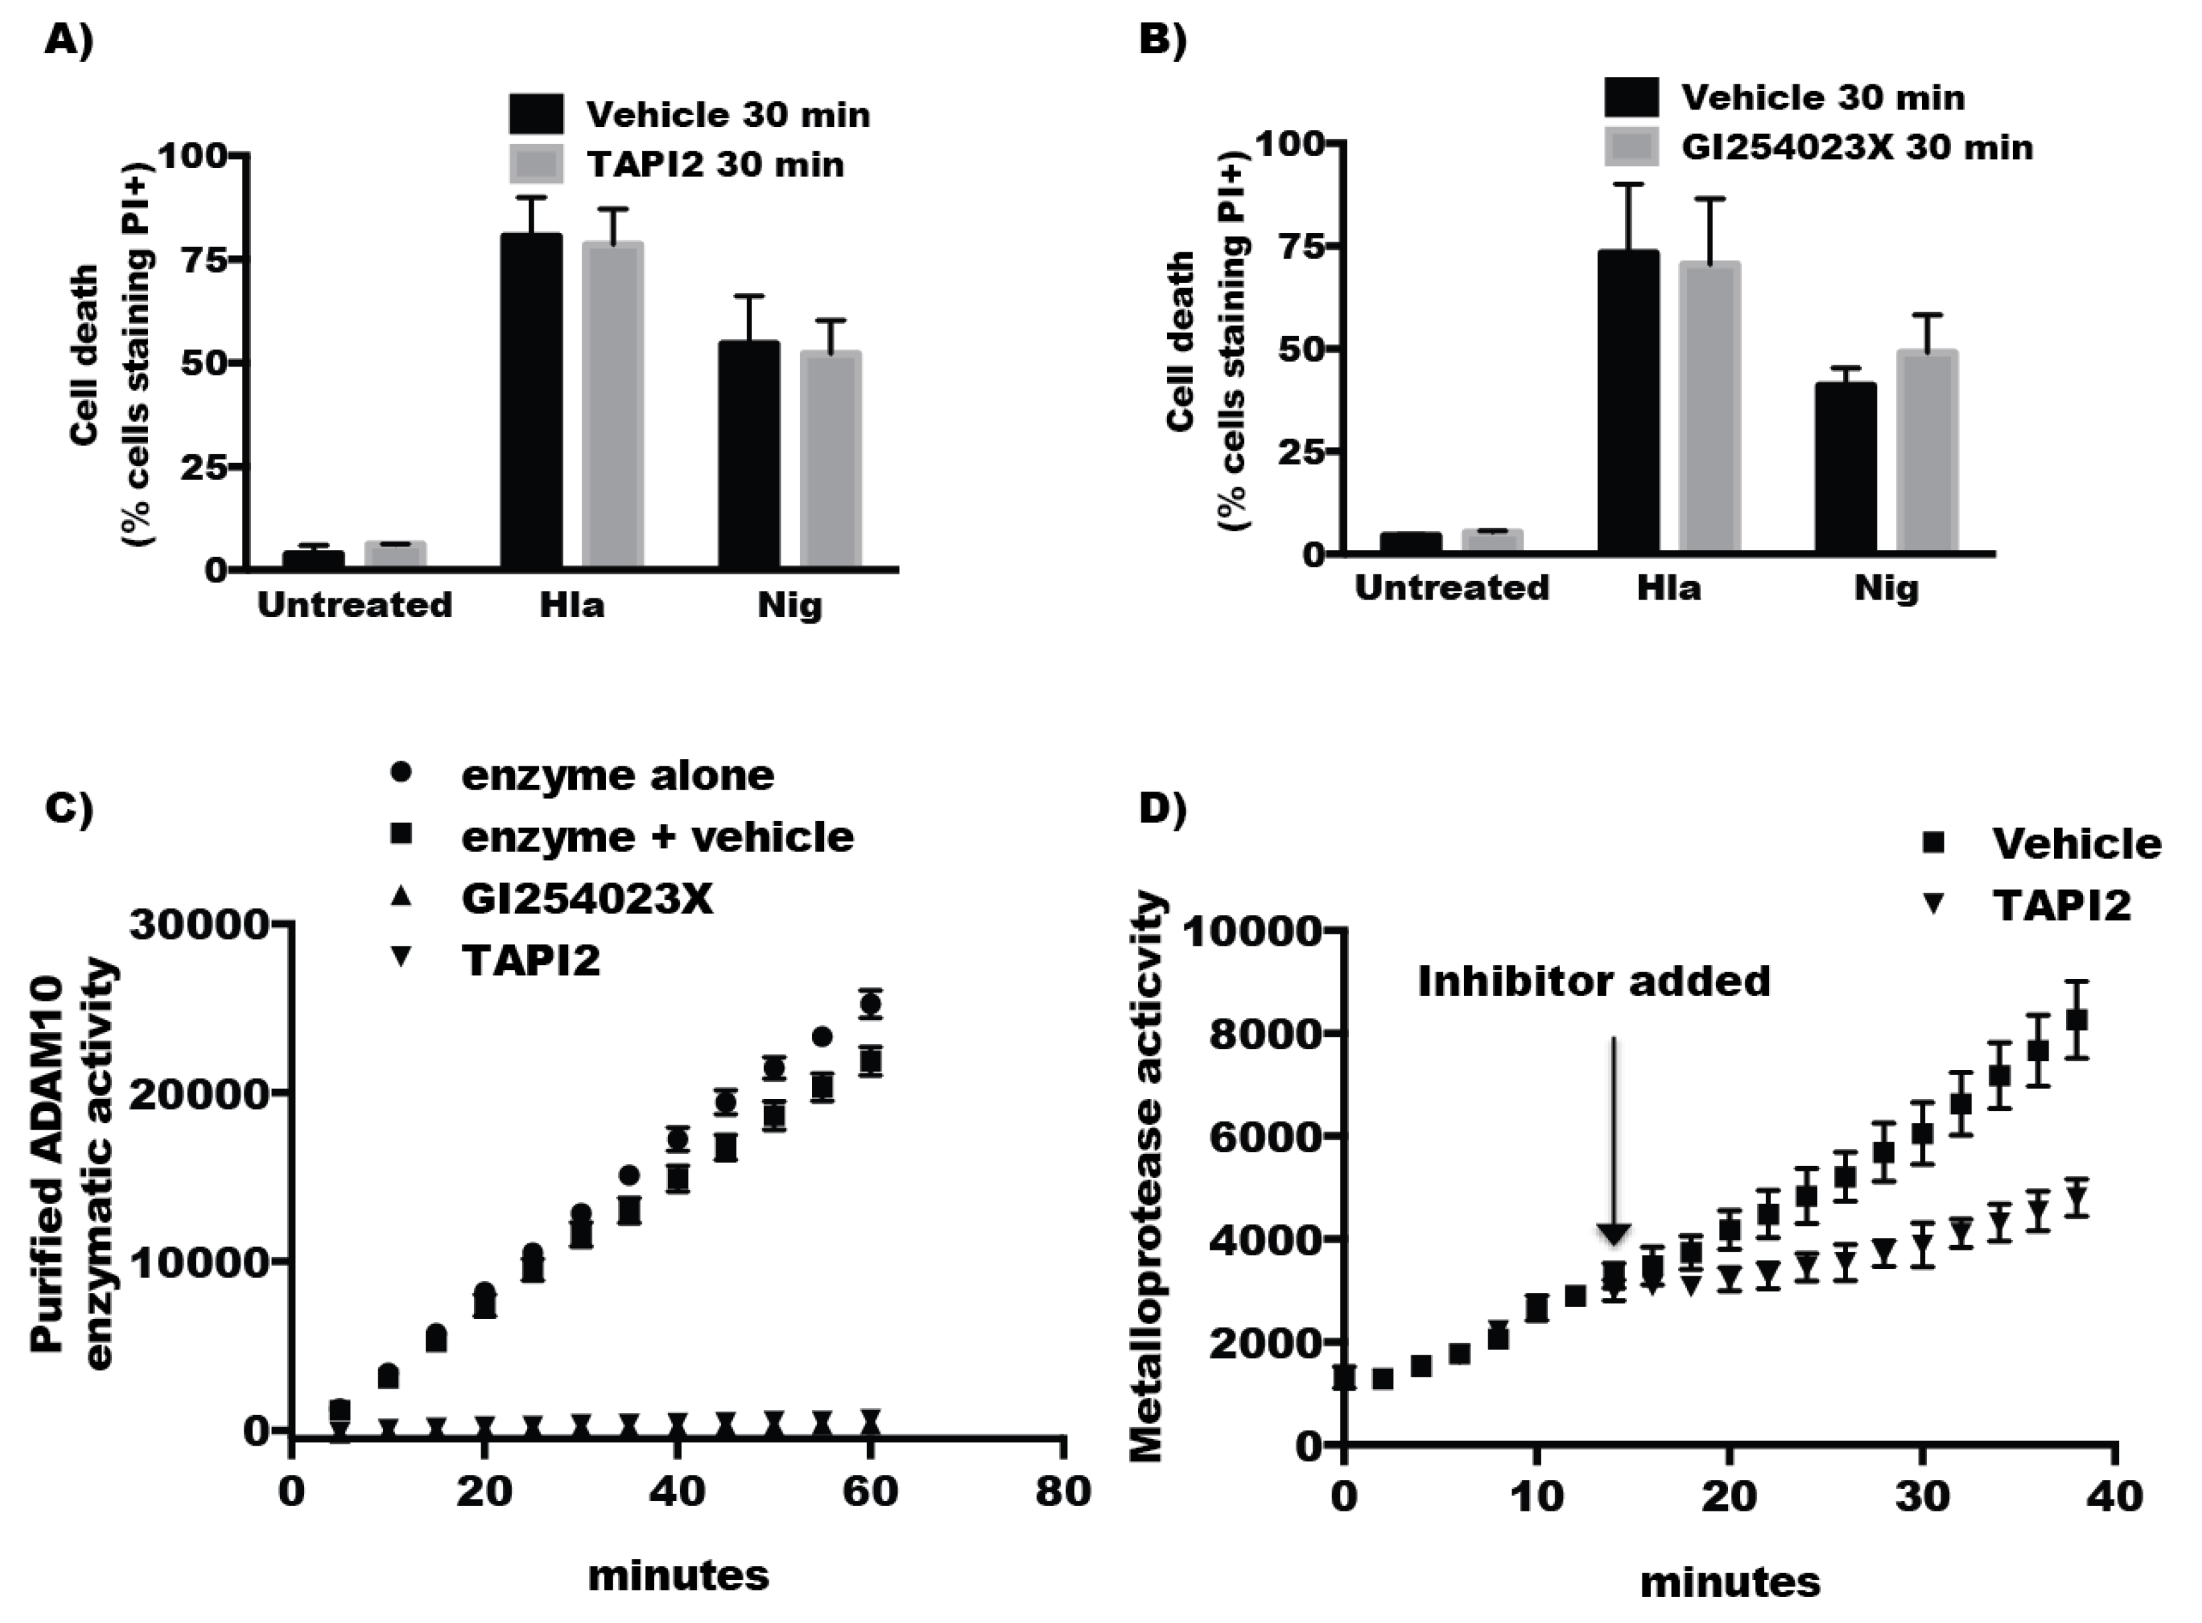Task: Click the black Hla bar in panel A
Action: [531, 403]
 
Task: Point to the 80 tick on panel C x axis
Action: [1063, 1492]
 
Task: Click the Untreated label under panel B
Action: [1452, 588]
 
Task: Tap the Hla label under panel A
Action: [572, 604]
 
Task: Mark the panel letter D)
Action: [1162, 808]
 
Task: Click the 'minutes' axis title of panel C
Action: [678, 1575]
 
